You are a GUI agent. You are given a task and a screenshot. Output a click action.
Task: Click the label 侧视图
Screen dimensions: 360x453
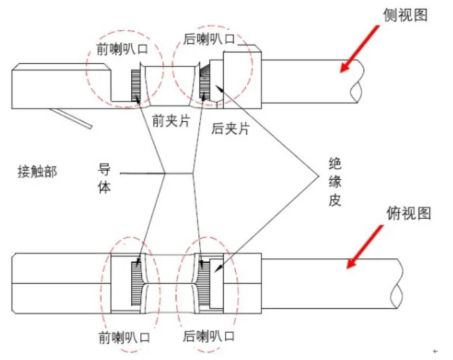(404, 15)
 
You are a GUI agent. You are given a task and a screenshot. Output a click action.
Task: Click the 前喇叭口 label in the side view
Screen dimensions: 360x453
(121, 50)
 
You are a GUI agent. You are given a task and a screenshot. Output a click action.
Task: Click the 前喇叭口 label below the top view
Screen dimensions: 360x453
(121, 336)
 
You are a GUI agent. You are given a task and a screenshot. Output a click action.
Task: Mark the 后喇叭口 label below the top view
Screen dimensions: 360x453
(208, 336)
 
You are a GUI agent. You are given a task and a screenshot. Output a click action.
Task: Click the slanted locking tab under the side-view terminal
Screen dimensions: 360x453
(71, 117)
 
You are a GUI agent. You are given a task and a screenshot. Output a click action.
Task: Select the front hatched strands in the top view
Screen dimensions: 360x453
(136, 284)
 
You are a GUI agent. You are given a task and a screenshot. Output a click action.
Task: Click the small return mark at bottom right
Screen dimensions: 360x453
(435, 351)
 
